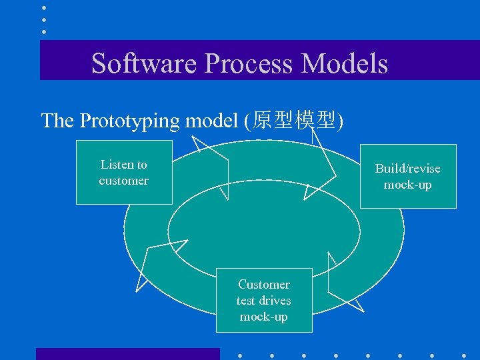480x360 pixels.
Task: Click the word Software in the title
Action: pos(145,63)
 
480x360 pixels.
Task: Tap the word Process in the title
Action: pos(248,63)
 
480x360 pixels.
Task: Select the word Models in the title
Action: pos(344,63)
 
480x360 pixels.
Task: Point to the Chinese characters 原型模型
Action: pos(294,121)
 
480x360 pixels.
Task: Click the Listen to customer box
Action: pos(124,172)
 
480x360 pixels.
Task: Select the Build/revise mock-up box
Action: pos(408,176)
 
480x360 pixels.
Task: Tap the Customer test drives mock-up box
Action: pos(264,300)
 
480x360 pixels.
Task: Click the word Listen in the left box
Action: pos(115,165)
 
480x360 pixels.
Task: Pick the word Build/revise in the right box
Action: pos(407,169)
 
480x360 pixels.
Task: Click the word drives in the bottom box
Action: pos(275,301)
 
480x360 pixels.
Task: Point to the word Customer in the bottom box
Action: pos(264,285)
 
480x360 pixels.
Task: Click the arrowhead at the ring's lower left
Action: pos(150,267)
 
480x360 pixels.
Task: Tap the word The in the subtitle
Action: pos(57,121)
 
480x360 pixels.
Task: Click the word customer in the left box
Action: pos(124,181)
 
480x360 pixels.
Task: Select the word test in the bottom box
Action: pos(246,301)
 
